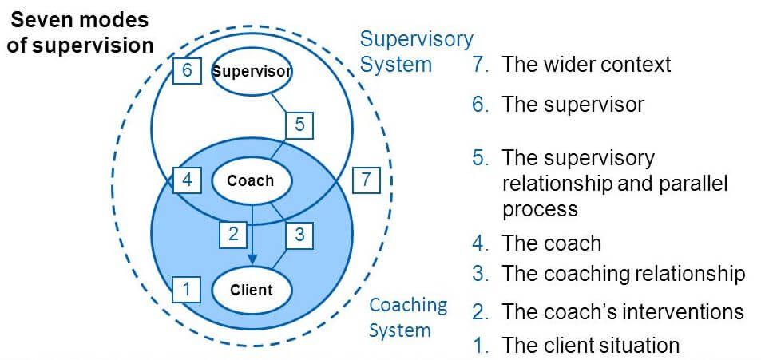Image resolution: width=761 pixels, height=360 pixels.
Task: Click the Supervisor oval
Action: click(x=252, y=71)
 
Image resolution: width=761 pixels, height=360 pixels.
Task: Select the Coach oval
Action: click(x=250, y=180)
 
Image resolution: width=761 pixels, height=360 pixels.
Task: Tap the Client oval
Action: click(x=251, y=290)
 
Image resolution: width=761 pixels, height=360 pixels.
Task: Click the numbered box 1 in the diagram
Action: click(x=186, y=288)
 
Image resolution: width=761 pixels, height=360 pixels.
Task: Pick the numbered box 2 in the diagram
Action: click(x=233, y=234)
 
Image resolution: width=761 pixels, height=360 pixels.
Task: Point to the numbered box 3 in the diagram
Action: click(x=299, y=234)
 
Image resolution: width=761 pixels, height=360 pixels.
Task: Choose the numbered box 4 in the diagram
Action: click(x=186, y=180)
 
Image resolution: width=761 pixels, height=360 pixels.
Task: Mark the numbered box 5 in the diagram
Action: click(x=299, y=125)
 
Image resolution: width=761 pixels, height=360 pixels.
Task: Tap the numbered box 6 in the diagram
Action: click(x=186, y=70)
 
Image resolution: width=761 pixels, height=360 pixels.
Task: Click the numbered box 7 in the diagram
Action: click(x=366, y=180)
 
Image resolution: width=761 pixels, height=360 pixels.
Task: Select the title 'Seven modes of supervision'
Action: click(x=79, y=32)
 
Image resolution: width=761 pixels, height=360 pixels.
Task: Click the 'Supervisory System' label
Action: click(x=416, y=51)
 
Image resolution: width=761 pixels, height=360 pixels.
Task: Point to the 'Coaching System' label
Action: click(x=408, y=317)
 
